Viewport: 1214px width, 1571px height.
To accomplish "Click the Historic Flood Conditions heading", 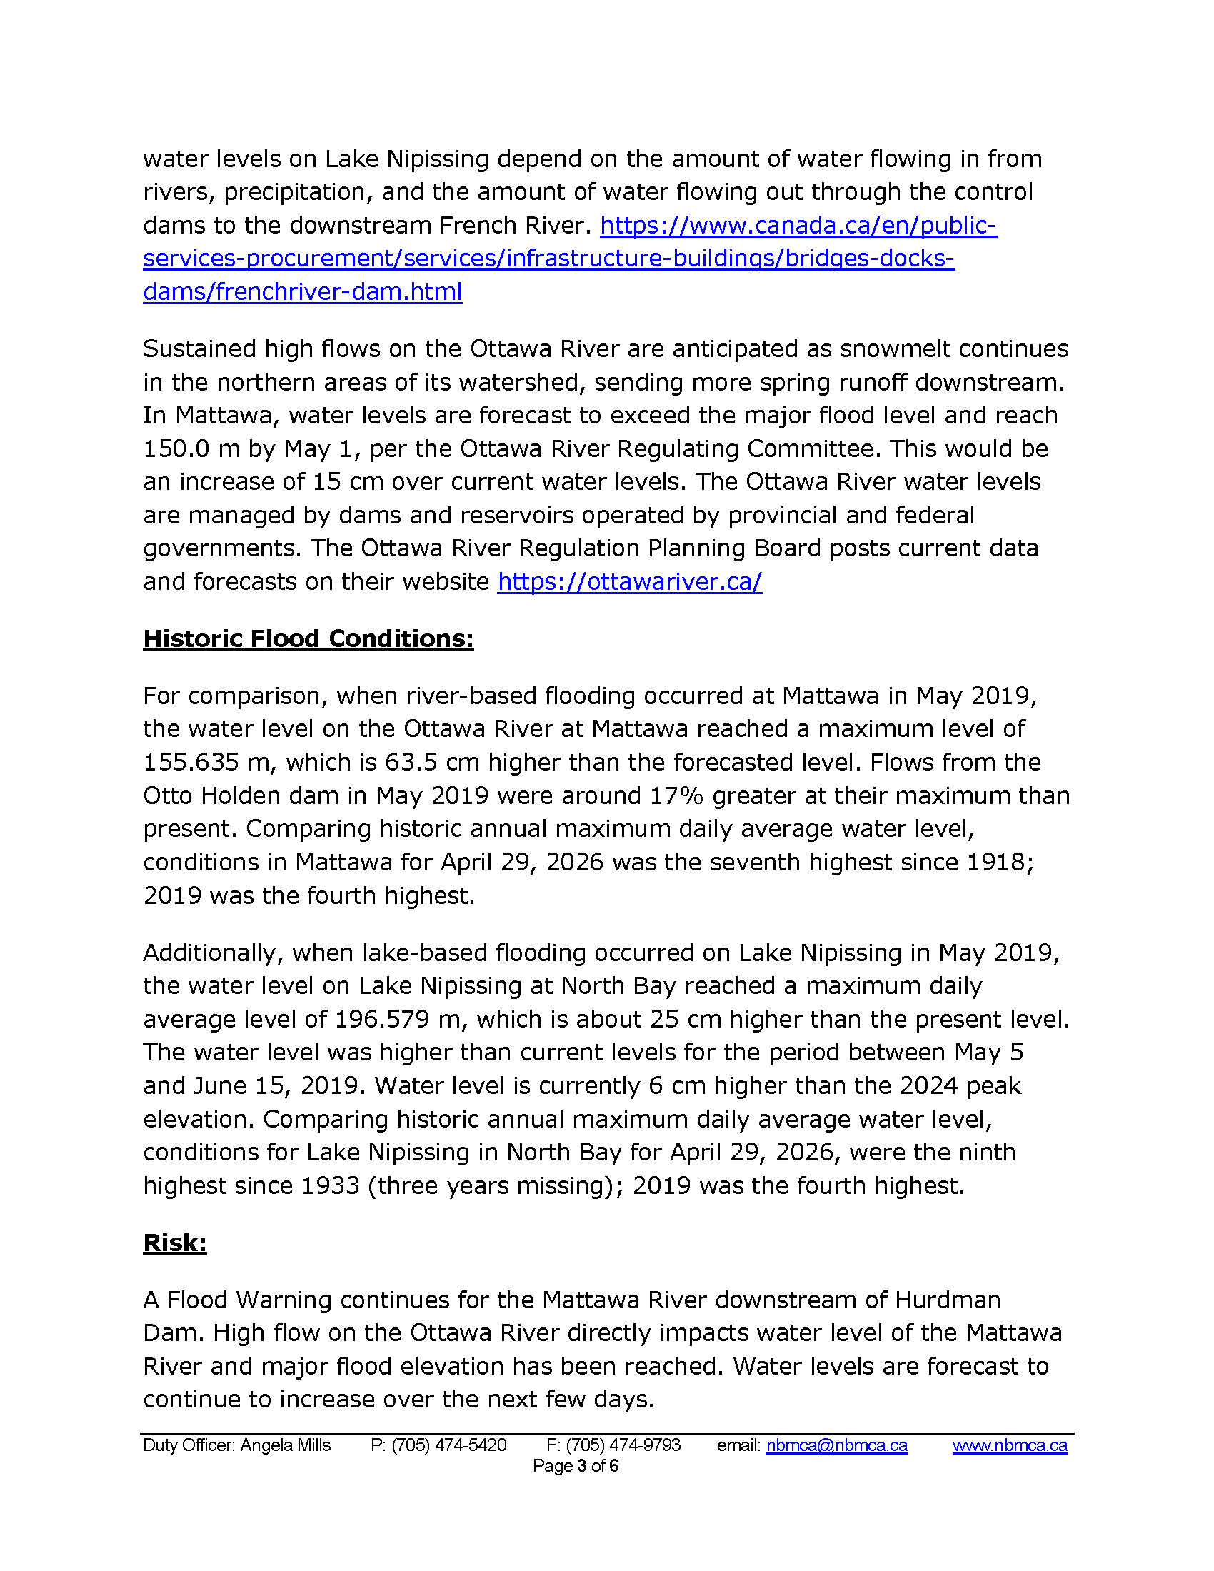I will pyautogui.click(x=308, y=639).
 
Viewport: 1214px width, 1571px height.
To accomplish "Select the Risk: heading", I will pyautogui.click(x=175, y=1243).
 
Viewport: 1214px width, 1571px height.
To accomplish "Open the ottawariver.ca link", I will pyautogui.click(x=629, y=581).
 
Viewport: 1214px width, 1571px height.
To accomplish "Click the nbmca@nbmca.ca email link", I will pyautogui.click(x=836, y=1445).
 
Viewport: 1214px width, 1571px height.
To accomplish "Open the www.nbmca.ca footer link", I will pyautogui.click(x=1010, y=1445).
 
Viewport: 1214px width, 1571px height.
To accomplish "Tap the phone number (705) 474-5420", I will pyautogui.click(x=448, y=1445).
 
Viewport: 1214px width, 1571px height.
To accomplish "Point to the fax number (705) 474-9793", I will pyautogui.click(x=623, y=1445).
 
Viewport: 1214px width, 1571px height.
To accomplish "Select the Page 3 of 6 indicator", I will pyautogui.click(x=576, y=1466).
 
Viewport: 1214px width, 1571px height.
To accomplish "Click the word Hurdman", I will pyautogui.click(x=947, y=1300).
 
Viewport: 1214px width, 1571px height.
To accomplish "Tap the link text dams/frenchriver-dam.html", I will pyautogui.click(x=302, y=292).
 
